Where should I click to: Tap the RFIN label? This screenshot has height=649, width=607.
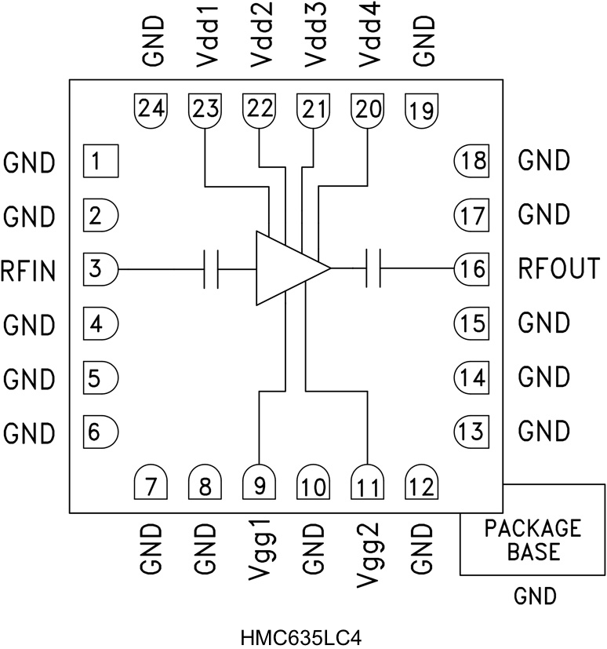28,271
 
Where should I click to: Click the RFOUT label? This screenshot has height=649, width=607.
558,269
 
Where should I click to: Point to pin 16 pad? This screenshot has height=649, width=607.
471,269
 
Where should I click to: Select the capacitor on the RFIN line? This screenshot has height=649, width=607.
211,269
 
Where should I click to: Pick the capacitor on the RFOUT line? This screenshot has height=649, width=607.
373,269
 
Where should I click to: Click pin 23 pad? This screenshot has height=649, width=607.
205,110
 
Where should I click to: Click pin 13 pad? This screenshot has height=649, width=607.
471,430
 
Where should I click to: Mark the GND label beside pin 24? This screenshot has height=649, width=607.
152,45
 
